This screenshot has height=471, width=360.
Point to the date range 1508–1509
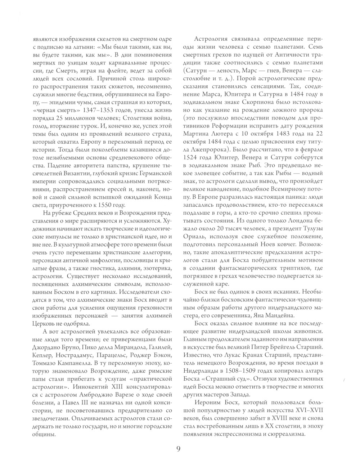click(241, 371)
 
